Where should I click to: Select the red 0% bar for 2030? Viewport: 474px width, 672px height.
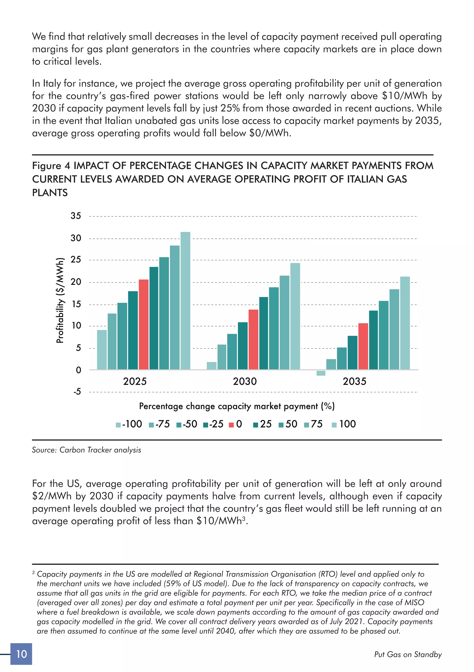tap(253, 339)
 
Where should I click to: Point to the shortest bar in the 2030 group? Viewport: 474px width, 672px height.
tap(212, 366)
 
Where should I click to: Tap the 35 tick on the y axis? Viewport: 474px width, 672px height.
tap(76, 216)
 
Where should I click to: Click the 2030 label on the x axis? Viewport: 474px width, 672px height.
tap(245, 381)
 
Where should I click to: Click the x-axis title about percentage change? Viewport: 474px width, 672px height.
tap(237, 406)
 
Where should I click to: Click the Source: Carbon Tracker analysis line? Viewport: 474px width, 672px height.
tap(86, 450)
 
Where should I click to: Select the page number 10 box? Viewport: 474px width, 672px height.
tap(21, 654)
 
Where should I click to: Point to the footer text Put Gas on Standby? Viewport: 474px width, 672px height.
tap(408, 654)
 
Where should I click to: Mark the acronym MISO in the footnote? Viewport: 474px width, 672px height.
tap(414, 603)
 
